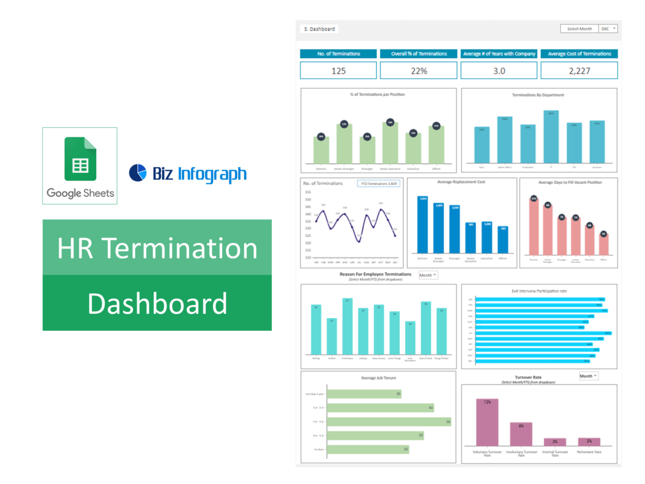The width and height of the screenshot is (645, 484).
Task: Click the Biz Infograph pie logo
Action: point(138,173)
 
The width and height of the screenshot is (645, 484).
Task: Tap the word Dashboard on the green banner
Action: point(157,303)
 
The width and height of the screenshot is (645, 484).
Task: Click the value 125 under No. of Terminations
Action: point(339,70)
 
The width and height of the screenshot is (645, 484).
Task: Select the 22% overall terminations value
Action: point(418,70)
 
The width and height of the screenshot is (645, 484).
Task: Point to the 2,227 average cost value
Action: point(579,70)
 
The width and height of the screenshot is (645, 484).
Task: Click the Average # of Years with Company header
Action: point(499,54)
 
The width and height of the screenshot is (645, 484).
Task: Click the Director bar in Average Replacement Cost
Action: point(423,224)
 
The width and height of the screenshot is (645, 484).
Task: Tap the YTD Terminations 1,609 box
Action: point(378,183)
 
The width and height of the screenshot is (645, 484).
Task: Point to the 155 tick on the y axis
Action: point(308,192)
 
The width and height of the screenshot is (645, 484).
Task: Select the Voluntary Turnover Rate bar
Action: point(487,422)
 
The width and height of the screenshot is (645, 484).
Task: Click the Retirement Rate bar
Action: point(589,442)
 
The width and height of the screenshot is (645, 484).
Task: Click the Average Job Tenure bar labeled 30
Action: point(364,394)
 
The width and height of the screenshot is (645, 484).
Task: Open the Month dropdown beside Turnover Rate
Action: point(589,376)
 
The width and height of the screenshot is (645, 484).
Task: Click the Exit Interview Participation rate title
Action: point(539,291)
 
